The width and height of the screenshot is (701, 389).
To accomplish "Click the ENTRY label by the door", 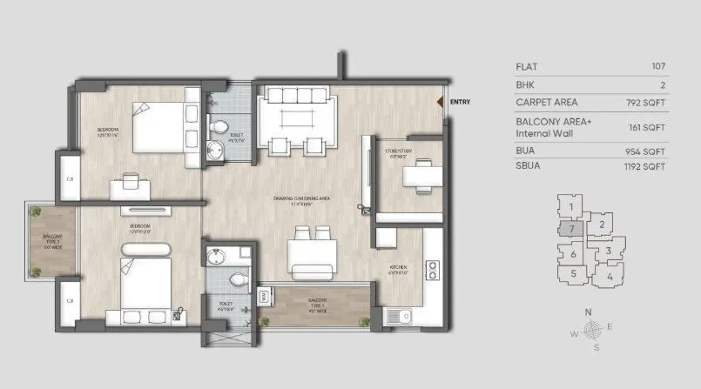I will [461, 102].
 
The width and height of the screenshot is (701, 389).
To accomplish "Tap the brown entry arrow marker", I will [442, 102].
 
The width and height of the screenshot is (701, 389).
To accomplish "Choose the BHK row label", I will [525, 84].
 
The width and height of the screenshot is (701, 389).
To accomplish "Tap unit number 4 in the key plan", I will [610, 277].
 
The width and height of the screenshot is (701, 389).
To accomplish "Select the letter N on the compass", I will [590, 312].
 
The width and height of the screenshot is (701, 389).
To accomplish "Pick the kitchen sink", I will [401, 318].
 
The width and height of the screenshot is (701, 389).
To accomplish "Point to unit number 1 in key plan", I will [570, 207].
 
